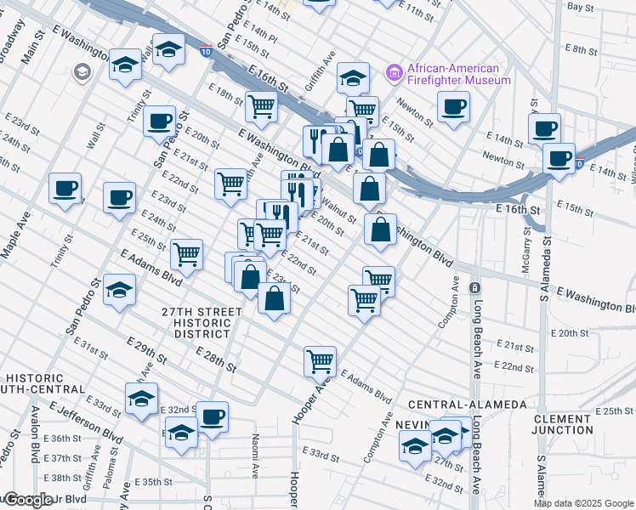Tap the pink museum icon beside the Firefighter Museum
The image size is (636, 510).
coord(394,73)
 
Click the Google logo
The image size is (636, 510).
coord(27,500)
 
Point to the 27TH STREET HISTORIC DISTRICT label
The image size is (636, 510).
coord(202,324)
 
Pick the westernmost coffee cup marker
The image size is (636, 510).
coord(65,188)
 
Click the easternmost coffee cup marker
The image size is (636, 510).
coord(559,158)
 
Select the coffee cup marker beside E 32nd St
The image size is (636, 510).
coord(212,416)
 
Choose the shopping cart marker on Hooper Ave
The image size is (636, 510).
coord(320,360)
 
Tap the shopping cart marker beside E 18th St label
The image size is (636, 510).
coord(261,106)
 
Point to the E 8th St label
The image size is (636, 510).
coord(584,50)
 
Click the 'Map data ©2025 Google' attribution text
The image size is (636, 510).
coord(584,503)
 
